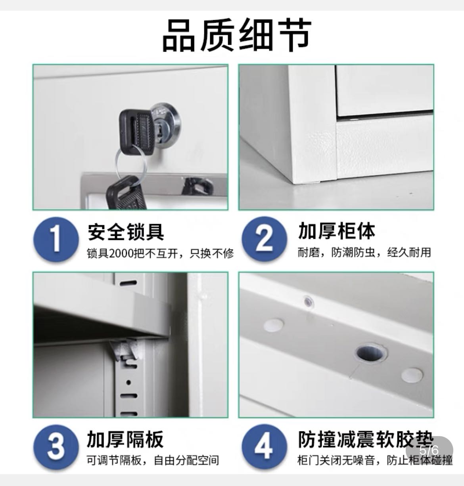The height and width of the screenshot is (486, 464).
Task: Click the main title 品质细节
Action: click(236, 35)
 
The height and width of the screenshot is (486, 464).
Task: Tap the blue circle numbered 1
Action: click(56, 239)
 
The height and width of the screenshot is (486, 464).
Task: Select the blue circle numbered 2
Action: click(265, 239)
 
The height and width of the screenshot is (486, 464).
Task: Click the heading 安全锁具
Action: click(126, 232)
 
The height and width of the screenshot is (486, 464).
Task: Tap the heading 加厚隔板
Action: click(125, 439)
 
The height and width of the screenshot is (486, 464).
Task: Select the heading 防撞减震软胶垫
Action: click(366, 439)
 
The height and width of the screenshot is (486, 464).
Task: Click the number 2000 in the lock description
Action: click(121, 253)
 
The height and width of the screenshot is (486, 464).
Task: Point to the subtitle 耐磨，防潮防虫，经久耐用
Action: click(364, 252)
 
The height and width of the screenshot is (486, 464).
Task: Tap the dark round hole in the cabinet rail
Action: click(371, 353)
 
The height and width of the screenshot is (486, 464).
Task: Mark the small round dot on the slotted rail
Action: click(128, 382)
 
